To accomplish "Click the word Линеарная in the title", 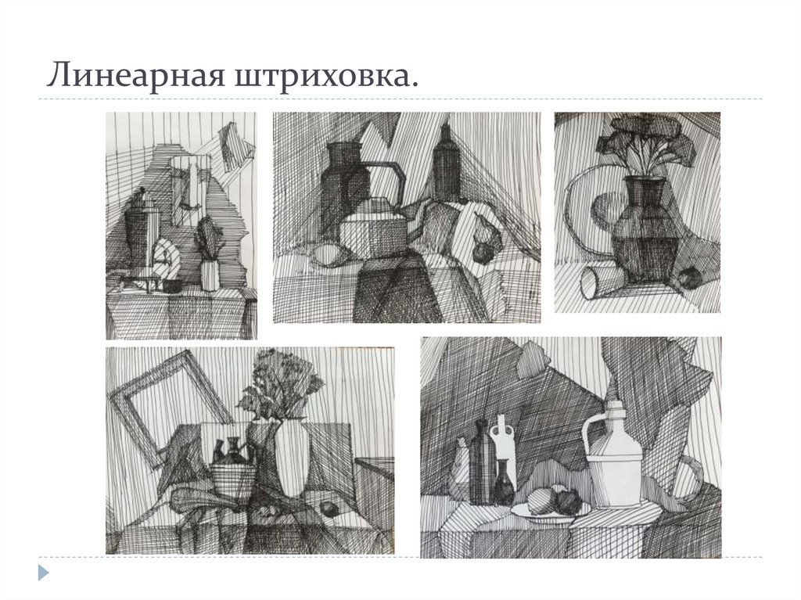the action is (135, 74).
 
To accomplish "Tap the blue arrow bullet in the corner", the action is (44, 573).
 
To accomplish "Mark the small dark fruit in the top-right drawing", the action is (688, 278).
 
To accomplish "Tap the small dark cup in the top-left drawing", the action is (171, 286).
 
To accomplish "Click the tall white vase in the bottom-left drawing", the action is (292, 458).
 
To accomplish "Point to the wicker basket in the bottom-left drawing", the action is (233, 480).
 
